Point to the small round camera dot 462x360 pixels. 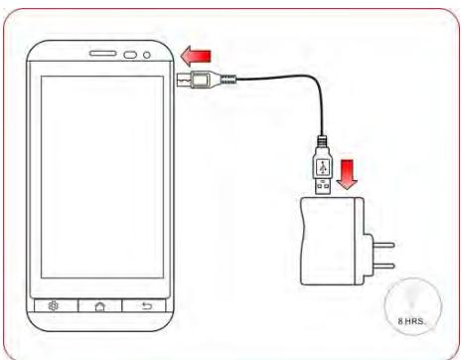click(x=147, y=54)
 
